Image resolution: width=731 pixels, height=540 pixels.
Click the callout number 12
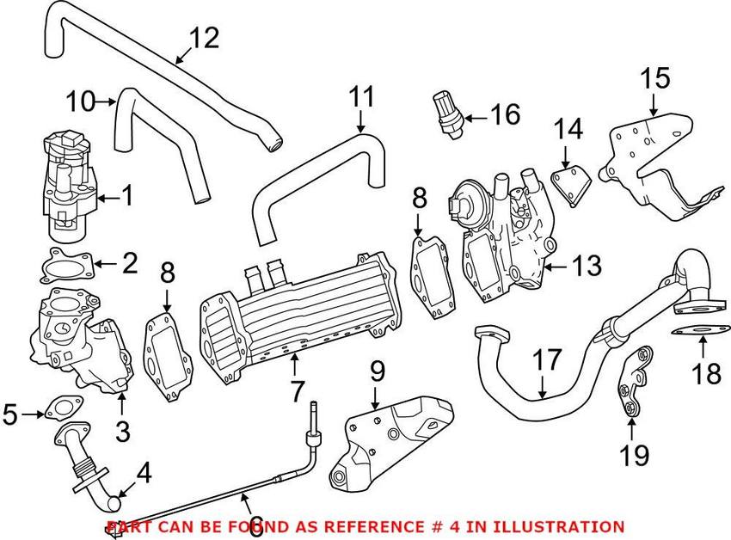click(204, 37)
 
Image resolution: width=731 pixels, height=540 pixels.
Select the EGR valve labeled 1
click(67, 185)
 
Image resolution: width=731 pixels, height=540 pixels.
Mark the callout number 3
click(123, 430)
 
